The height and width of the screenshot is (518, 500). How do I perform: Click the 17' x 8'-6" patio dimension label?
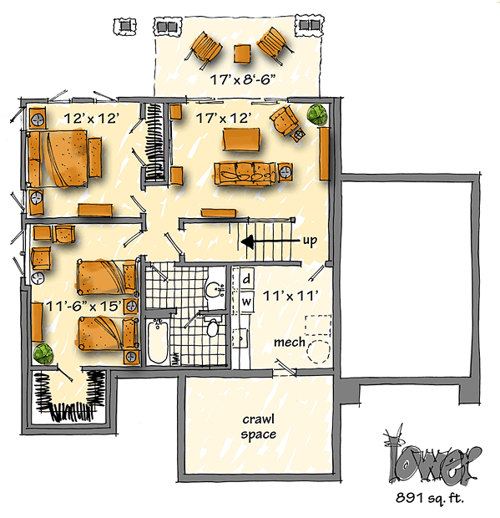tap(243, 79)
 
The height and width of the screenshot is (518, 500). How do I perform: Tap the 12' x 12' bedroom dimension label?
tap(91, 119)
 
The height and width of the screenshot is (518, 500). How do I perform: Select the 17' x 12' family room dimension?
tap(224, 118)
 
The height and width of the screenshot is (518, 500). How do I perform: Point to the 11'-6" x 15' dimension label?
tap(83, 307)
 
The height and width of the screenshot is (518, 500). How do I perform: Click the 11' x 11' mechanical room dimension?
tap(290, 296)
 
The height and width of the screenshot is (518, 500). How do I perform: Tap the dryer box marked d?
tap(246, 280)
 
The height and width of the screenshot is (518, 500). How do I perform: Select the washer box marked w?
tap(246, 302)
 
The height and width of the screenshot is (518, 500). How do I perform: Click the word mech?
tap(290, 343)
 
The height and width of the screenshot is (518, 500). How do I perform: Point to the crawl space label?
tap(259, 427)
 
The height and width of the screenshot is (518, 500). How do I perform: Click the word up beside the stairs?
tap(310, 241)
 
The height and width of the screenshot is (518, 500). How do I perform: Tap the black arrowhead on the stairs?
tap(248, 241)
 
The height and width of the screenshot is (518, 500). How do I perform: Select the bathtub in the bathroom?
tap(158, 341)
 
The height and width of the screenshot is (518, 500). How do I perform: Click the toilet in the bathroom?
tap(212, 327)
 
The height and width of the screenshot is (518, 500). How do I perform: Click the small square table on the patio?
tap(242, 53)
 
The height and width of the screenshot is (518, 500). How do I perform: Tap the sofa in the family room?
tap(245, 174)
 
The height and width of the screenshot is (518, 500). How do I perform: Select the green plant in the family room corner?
tap(317, 114)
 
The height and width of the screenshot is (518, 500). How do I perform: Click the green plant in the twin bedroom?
tap(43, 353)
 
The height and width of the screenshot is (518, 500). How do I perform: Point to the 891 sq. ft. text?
tap(430, 497)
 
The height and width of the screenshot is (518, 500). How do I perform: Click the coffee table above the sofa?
tap(241, 140)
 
